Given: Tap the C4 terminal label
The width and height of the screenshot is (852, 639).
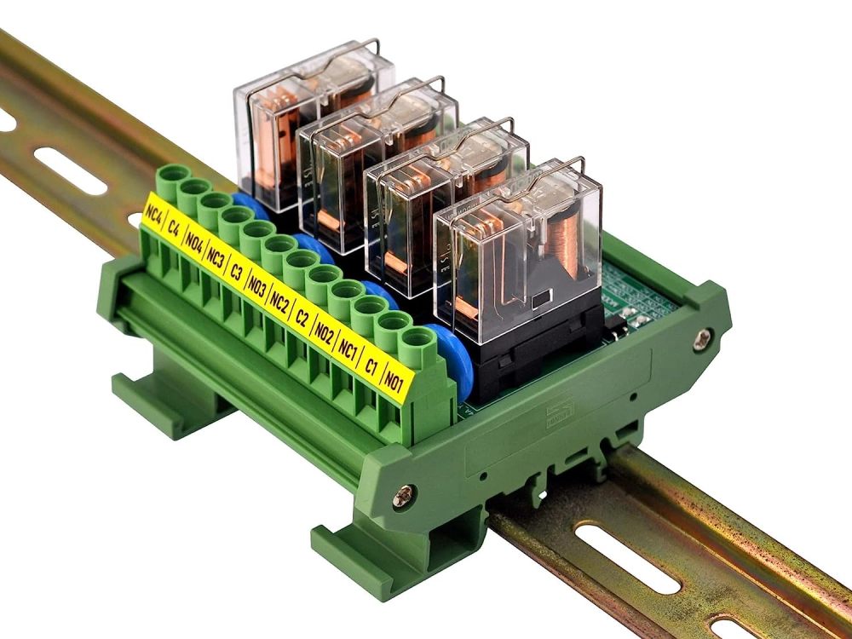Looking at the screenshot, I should click(x=174, y=227).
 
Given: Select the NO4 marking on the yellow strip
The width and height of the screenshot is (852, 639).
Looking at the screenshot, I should click(x=194, y=243).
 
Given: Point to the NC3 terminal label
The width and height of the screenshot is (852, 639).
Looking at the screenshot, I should click(x=216, y=257).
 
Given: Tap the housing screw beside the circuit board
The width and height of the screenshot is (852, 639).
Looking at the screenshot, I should click(x=700, y=338).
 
